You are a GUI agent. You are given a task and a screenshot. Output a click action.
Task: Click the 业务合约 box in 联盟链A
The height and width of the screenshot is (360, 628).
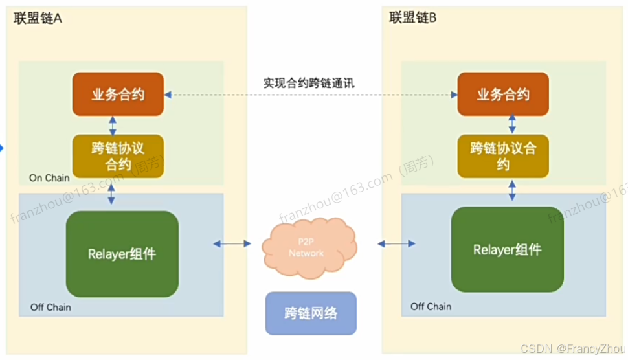click(118, 95)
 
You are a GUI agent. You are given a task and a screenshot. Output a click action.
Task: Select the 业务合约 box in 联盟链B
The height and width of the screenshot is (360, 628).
click(503, 95)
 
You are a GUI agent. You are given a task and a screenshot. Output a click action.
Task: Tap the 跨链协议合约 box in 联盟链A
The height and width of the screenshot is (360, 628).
click(118, 155)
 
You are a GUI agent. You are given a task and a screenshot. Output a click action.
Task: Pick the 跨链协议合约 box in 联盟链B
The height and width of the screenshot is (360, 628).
click(503, 156)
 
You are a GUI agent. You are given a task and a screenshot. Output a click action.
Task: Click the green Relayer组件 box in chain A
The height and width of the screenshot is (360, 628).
click(122, 254)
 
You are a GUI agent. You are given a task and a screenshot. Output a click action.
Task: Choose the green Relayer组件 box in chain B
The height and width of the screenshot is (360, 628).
click(507, 249)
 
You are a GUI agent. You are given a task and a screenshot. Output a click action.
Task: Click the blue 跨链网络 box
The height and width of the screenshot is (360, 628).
click(311, 313)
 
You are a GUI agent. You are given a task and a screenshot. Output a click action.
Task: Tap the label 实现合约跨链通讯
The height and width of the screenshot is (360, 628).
click(309, 83)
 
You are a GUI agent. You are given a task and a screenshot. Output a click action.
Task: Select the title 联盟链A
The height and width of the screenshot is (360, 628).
click(38, 17)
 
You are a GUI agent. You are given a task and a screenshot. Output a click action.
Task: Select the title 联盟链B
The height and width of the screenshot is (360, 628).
click(413, 17)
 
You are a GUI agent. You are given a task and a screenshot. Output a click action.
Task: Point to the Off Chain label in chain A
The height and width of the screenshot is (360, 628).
click(50, 306)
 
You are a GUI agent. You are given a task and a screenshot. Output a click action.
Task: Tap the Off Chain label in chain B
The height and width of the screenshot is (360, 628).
click(431, 306)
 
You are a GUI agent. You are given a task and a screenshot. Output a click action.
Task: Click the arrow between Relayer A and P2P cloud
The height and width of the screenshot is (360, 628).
click(232, 243)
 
